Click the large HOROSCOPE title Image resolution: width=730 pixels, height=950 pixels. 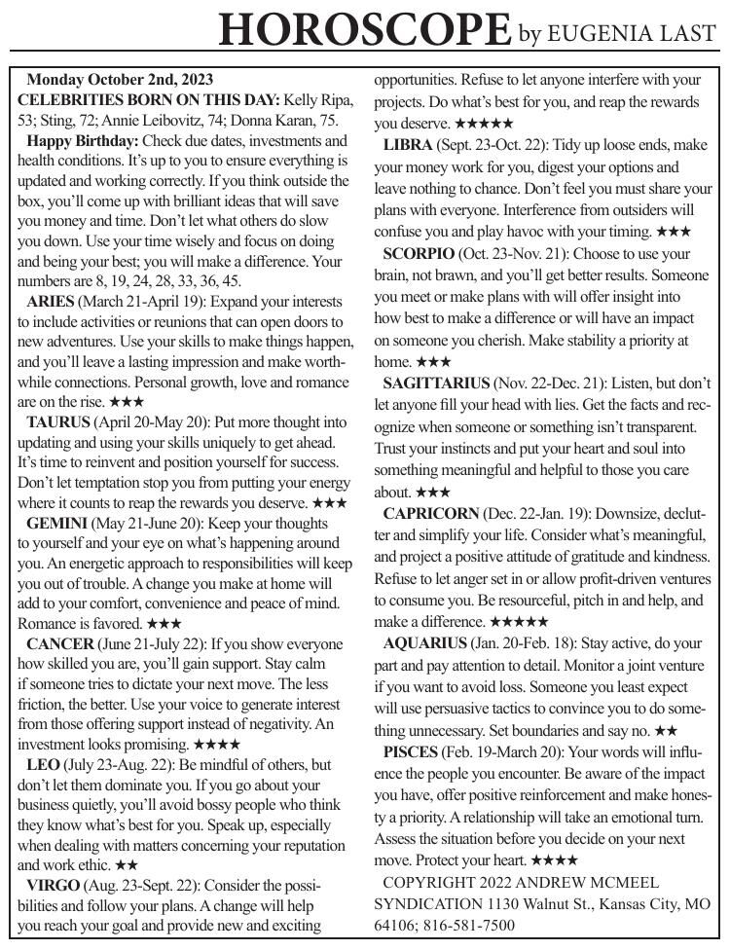coord(365,29)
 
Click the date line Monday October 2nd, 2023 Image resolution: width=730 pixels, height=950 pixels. coord(120,79)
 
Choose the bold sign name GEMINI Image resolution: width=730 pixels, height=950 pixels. coord(56,523)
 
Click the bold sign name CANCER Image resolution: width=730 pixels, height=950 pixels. coord(60,644)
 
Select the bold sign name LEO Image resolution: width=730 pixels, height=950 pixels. coord(43,764)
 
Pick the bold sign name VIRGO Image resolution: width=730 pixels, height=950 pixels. coord(54,886)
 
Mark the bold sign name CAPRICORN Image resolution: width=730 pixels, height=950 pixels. coord(431,512)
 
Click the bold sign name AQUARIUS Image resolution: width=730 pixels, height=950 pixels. coord(425,642)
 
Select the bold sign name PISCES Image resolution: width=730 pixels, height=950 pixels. coord(410,752)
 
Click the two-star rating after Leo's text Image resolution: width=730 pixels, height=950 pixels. coord(127,864)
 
